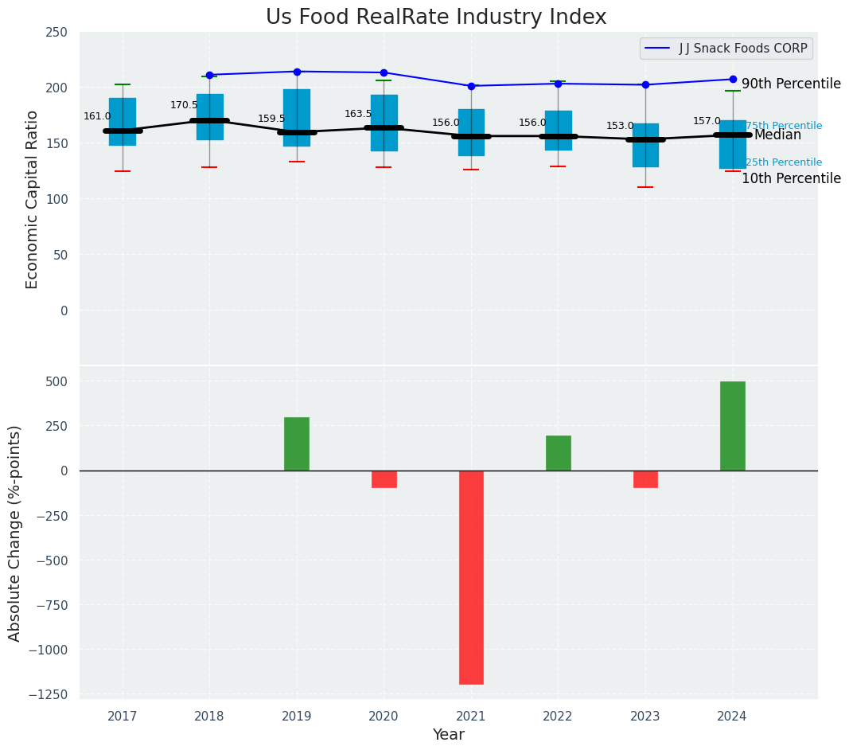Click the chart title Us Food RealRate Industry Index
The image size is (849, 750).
(436, 18)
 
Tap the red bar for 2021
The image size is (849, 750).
(471, 576)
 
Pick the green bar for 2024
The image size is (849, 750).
(732, 426)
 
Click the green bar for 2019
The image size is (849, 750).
(297, 443)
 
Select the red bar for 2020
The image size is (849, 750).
(384, 479)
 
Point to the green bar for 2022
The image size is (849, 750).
(558, 453)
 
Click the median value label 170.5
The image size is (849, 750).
(184, 105)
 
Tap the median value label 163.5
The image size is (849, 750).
(358, 114)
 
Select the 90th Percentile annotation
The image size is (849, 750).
(791, 84)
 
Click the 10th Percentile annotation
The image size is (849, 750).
(791, 178)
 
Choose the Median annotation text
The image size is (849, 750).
(777, 135)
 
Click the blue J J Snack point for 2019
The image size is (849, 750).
(297, 72)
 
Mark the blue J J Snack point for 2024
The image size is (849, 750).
(732, 79)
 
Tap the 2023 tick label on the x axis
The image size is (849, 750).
(645, 716)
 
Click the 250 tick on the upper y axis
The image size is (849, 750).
(56, 33)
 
